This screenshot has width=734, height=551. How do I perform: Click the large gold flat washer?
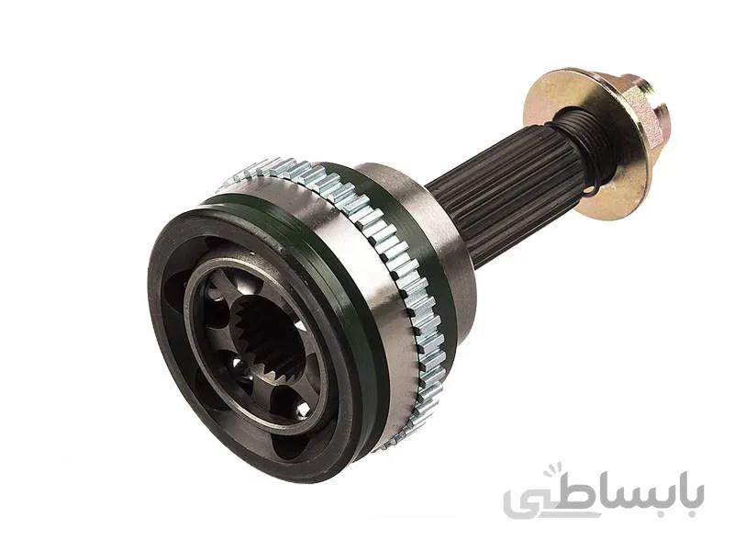585,141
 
